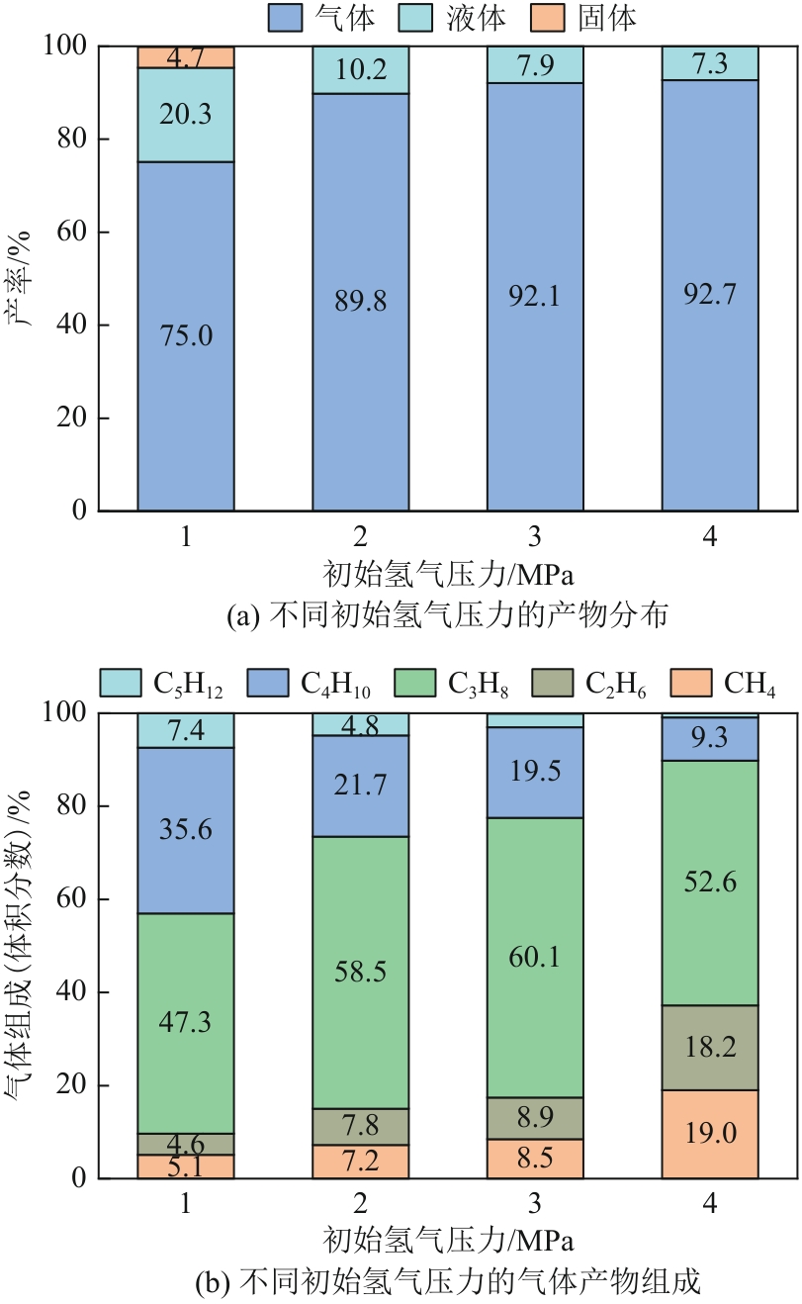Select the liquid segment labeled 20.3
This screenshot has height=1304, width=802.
click(x=186, y=115)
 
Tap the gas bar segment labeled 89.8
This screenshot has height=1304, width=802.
click(x=361, y=302)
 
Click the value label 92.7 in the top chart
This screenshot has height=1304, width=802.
click(x=710, y=294)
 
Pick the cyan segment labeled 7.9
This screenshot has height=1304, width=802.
click(x=536, y=65)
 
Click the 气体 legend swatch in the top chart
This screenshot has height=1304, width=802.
click(x=285, y=17)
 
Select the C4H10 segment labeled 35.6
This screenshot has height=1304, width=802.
click(x=186, y=830)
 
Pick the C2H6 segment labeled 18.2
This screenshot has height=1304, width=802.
click(x=710, y=1048)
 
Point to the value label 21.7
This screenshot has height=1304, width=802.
click(x=361, y=786)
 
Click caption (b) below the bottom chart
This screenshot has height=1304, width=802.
click(x=448, y=1283)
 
